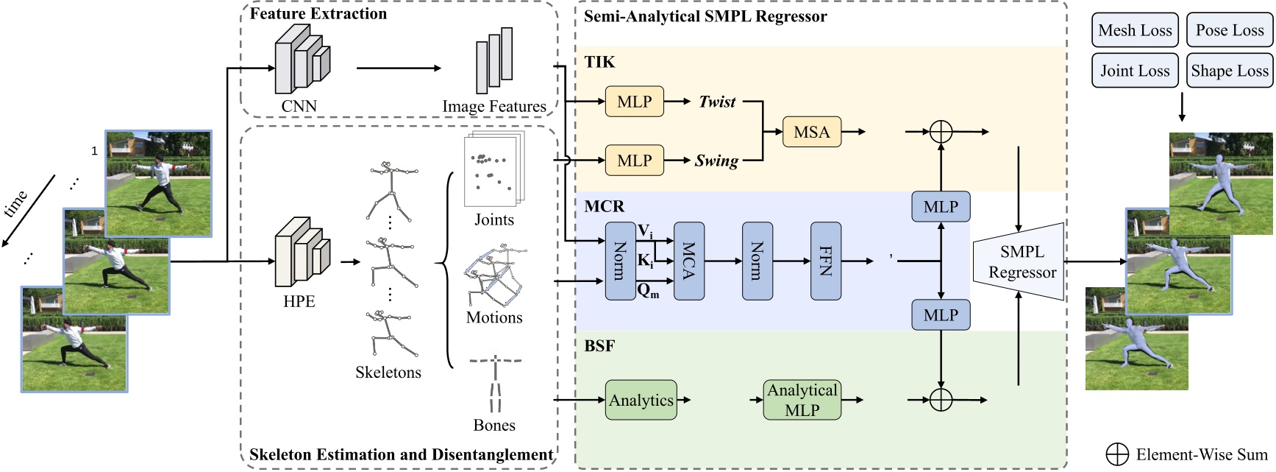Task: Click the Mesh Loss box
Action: [1135, 30]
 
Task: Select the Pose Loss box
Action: [1229, 30]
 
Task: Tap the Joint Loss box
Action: [1135, 71]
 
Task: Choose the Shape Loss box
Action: [1229, 71]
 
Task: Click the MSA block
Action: [811, 132]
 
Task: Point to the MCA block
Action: [688, 261]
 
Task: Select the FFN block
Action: [825, 261]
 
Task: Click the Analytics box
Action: [641, 400]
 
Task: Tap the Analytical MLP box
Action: [802, 400]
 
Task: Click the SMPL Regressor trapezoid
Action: [1022, 261]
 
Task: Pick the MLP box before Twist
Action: [634, 102]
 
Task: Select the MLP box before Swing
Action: [634, 161]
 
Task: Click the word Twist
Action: [717, 102]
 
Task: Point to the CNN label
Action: [299, 106]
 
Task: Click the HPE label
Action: [299, 301]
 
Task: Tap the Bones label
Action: [494, 425]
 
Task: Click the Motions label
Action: [494, 317]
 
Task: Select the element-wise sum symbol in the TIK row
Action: [941, 132]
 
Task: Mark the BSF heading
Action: [599, 345]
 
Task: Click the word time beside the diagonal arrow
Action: [17, 202]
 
